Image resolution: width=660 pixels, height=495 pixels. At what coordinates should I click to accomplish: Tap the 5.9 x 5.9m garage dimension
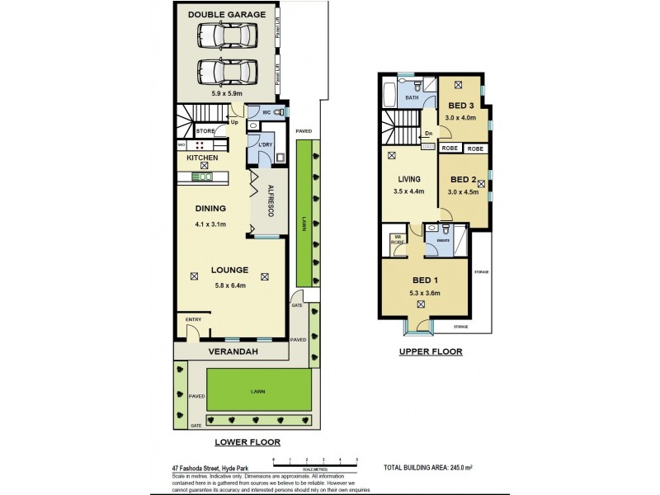tap(227, 92)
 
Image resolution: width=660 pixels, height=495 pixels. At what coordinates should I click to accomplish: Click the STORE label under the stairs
tap(205, 130)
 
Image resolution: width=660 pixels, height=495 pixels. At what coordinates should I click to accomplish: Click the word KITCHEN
tap(202, 157)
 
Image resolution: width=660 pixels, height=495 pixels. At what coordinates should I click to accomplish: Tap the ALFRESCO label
tap(271, 203)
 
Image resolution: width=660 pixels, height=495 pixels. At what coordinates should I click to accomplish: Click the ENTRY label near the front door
tap(193, 320)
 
